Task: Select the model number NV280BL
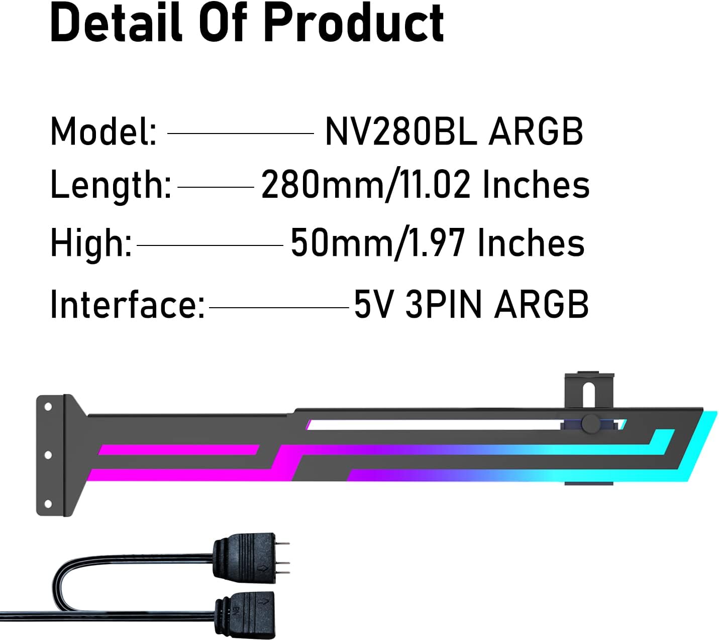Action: pos(400,132)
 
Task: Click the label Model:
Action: pos(104,132)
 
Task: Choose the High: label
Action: pos(91,243)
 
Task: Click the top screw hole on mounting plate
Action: pos(48,407)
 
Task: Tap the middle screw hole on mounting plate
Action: pos(48,455)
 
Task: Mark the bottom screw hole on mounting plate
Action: pos(48,503)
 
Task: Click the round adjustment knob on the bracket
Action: pos(590,423)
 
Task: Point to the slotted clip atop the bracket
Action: pos(589,390)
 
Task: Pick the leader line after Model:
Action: pos(240,134)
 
